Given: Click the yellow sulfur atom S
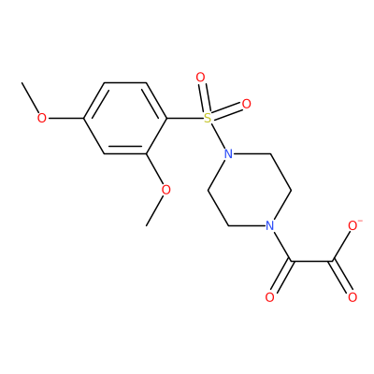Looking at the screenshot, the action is pyautogui.click(x=208, y=118).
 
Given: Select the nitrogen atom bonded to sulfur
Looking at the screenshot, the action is pyautogui.click(x=228, y=154).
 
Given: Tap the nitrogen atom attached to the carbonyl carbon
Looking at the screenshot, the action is pyautogui.click(x=270, y=225).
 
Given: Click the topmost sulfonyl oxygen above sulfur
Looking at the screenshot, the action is pyautogui.click(x=200, y=77).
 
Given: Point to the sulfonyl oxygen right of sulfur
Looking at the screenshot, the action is pyautogui.click(x=247, y=104).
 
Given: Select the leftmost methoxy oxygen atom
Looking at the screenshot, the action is pyautogui.click(x=41, y=118).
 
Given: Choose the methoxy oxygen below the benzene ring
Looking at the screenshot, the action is pyautogui.click(x=166, y=190).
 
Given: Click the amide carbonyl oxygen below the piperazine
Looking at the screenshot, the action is pyautogui.click(x=270, y=297).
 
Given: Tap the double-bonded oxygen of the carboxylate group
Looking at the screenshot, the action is pyautogui.click(x=352, y=297).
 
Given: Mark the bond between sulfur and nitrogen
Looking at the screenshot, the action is pyautogui.click(x=218, y=136).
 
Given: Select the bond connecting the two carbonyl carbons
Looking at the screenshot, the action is pyautogui.click(x=311, y=261).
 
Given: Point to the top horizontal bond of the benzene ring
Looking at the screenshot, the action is pyautogui.click(x=124, y=82).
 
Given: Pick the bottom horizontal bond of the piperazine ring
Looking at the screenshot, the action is pyautogui.click(x=247, y=225).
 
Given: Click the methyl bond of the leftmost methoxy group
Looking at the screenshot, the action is pyautogui.click(x=30, y=98).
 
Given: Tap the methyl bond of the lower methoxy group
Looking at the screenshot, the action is pyautogui.click(x=155, y=209).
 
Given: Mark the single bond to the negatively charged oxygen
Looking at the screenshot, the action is pyautogui.click(x=342, y=245).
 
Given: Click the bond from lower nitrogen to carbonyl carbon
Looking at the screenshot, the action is pyautogui.click(x=281, y=246).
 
